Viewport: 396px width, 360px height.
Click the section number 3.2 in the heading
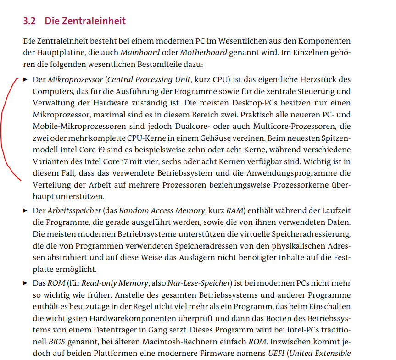(29, 21)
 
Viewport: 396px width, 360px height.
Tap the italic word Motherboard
(203, 52)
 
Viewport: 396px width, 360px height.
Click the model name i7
(117, 161)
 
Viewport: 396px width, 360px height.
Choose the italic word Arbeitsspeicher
(74, 211)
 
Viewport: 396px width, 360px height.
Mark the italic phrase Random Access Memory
(162, 211)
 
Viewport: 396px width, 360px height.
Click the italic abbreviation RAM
(233, 211)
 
